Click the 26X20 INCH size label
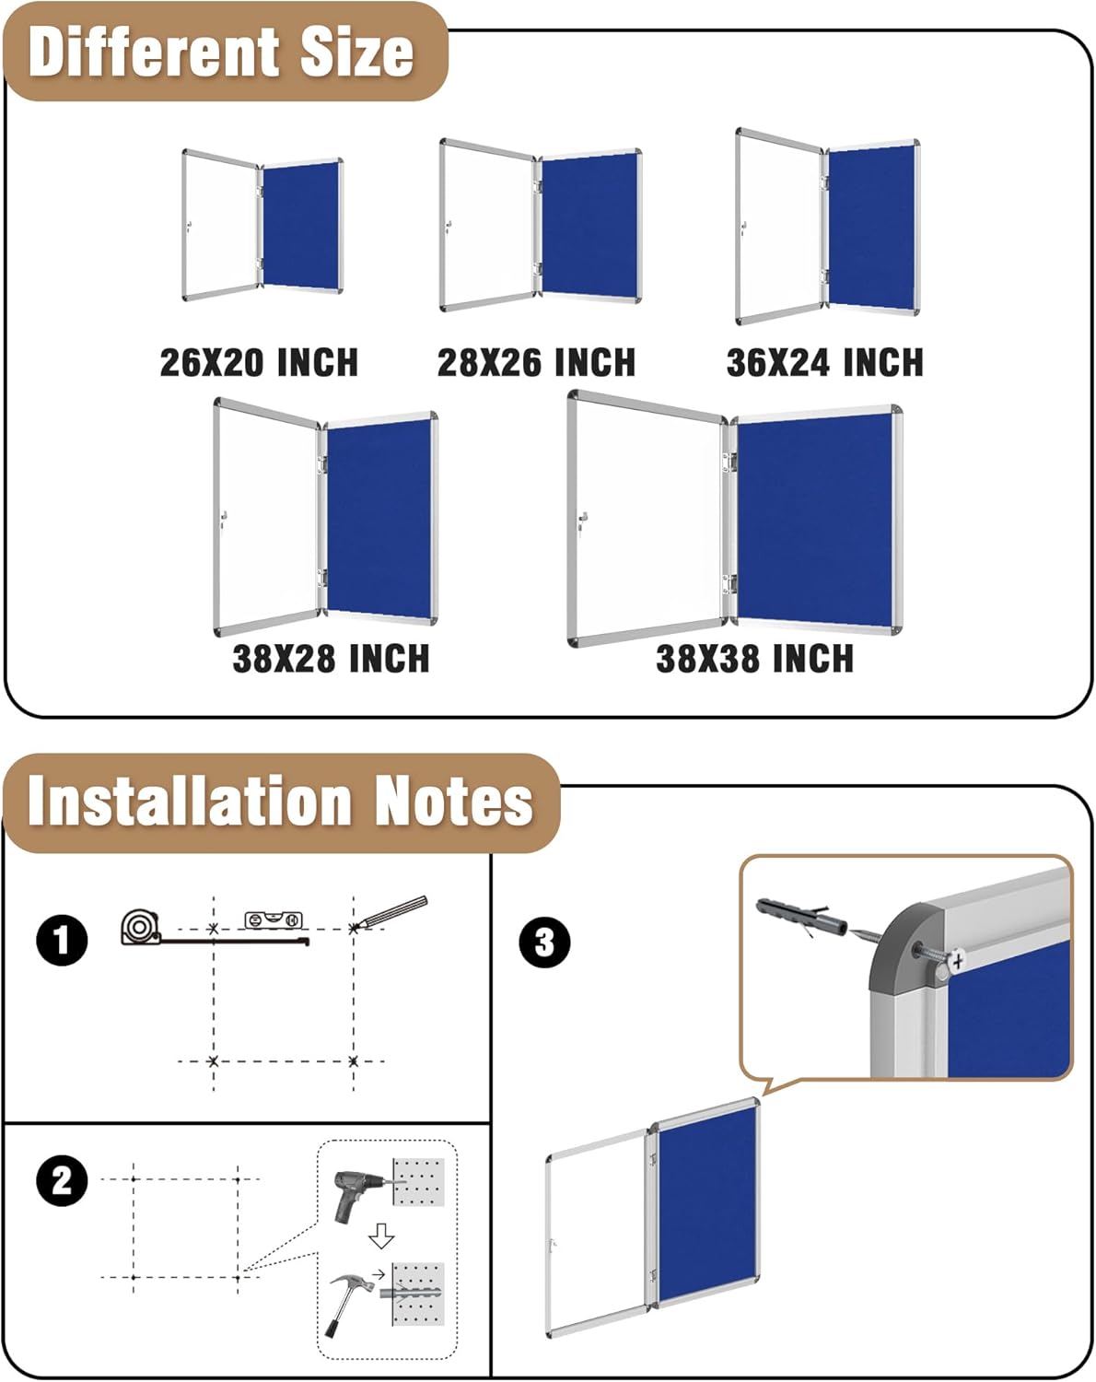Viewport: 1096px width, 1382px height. point(259,362)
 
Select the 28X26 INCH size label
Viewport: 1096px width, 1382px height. point(536,362)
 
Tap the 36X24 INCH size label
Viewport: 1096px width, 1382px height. point(824,362)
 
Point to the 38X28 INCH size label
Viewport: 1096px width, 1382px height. point(331,659)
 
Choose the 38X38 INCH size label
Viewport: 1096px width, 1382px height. point(754,659)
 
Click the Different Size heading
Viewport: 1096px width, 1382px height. point(221,53)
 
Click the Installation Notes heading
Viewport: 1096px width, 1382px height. point(280,801)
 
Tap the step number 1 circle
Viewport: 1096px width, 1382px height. point(62,941)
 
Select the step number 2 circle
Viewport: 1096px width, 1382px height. point(62,1181)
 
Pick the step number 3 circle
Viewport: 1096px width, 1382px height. point(544,943)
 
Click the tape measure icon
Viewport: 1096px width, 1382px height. point(140,927)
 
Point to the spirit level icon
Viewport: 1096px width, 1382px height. point(274,919)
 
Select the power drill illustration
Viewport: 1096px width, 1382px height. point(357,1194)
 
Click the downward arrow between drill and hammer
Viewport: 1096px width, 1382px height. point(381,1236)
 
